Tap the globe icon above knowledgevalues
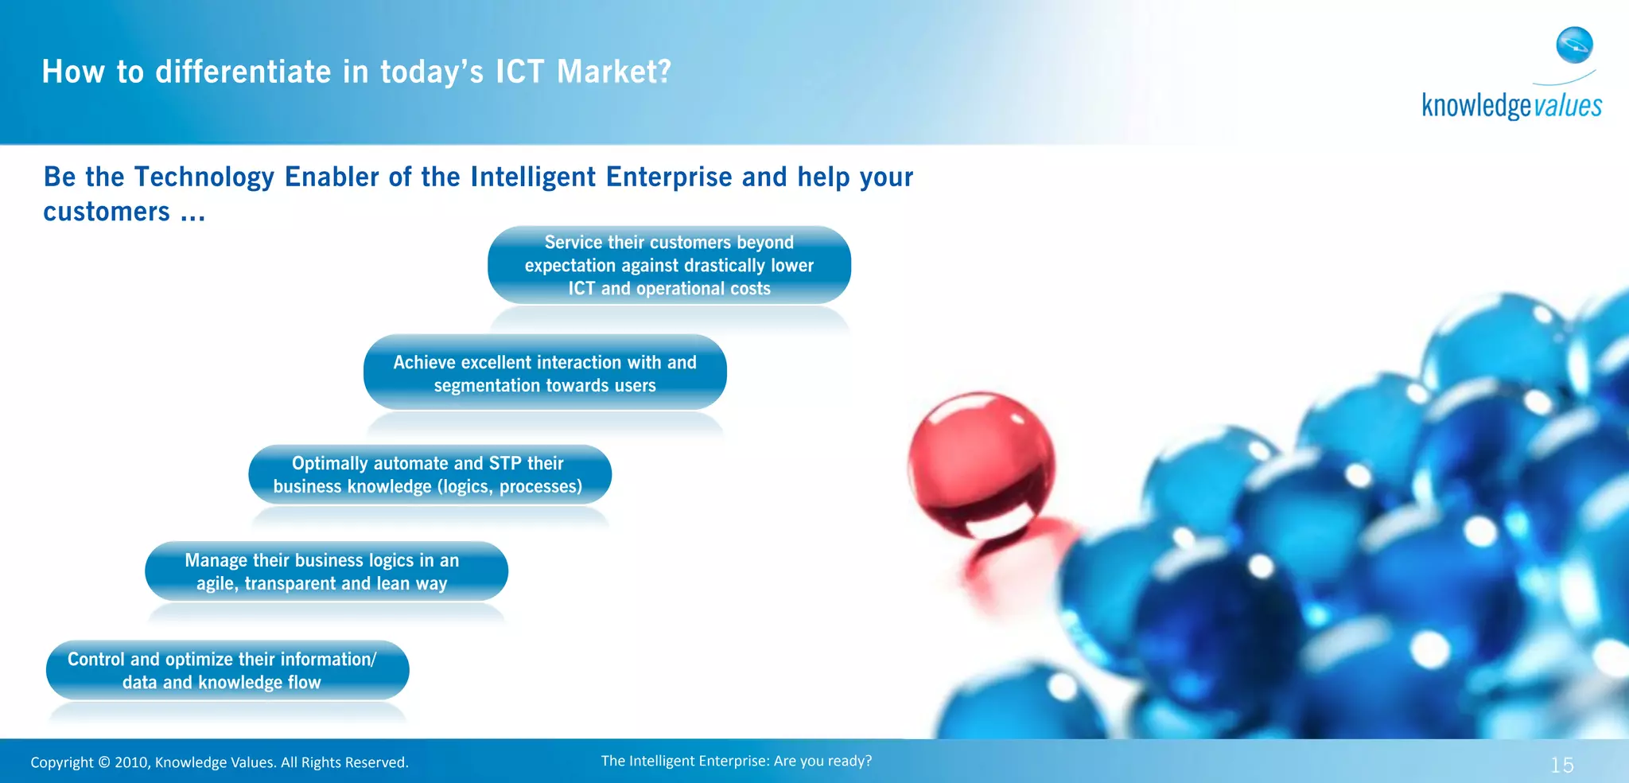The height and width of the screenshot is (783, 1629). [x=1574, y=45]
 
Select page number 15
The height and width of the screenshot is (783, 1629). [x=1561, y=765]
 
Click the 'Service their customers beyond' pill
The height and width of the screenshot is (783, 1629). [x=669, y=265]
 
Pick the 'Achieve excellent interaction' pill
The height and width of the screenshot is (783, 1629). [x=545, y=373]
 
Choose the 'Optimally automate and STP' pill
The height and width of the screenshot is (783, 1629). [x=430, y=474]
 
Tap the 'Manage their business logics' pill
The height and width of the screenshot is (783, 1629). [x=326, y=571]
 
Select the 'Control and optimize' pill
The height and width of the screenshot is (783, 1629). [x=227, y=670]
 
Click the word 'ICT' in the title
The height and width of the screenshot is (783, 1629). [x=520, y=72]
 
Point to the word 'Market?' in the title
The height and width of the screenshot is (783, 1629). [x=614, y=72]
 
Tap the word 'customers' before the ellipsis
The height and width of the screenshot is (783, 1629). [x=106, y=212]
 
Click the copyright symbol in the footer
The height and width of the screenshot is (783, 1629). [x=104, y=762]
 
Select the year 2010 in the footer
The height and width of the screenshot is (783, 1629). [x=132, y=762]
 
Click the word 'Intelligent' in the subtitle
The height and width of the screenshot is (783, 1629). [x=532, y=177]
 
